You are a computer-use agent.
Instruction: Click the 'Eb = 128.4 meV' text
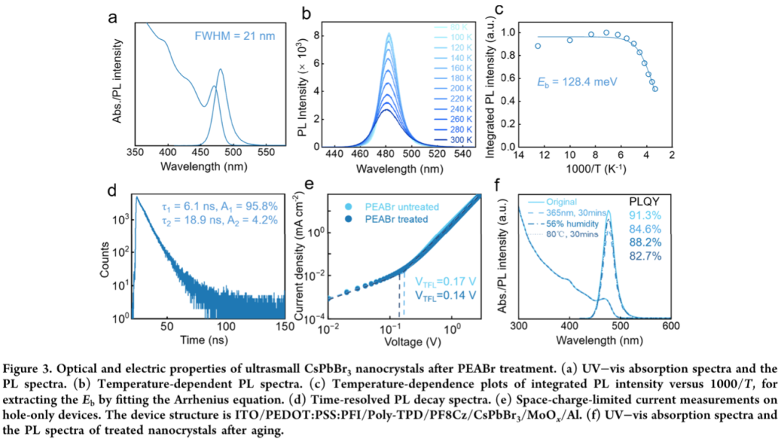pyautogui.click(x=578, y=82)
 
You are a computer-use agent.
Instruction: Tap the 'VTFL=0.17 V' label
pyautogui.click(x=445, y=282)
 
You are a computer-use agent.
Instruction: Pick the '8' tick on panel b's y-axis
pyautogui.click(x=308, y=34)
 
